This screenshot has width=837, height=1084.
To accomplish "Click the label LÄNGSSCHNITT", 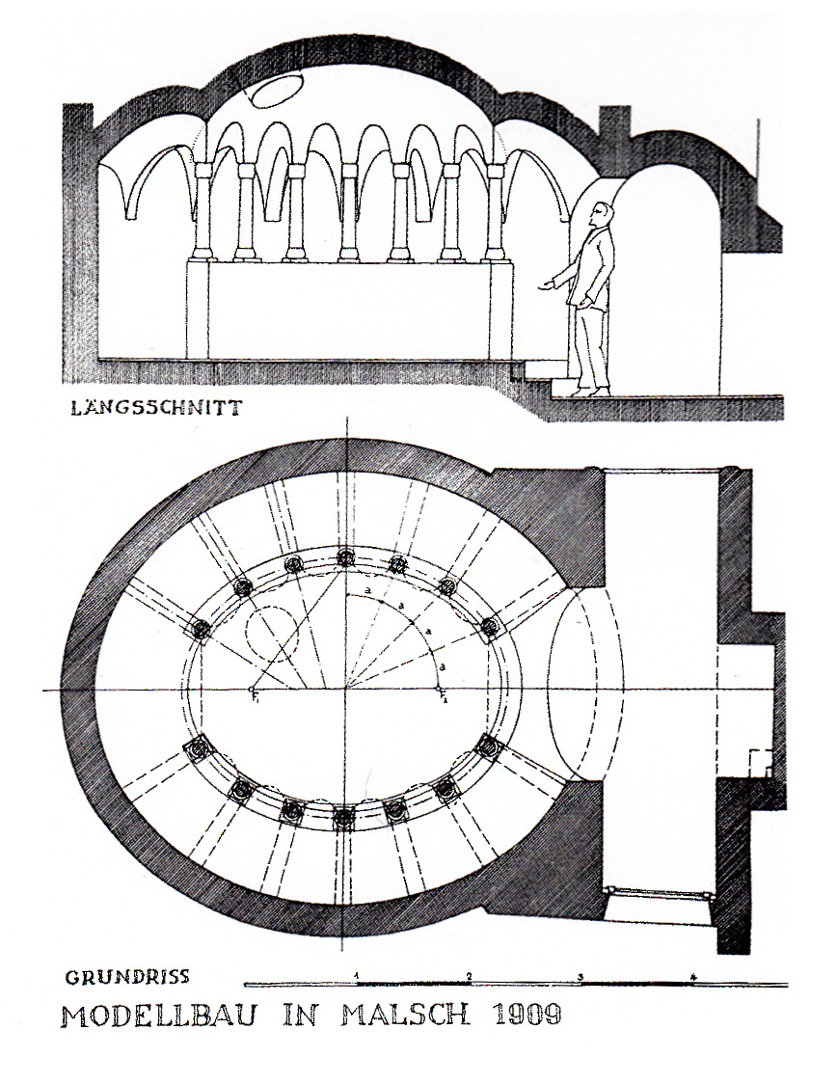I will (x=155, y=407).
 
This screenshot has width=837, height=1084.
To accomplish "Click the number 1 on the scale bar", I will (x=357, y=976).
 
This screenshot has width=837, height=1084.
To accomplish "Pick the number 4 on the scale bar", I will (x=693, y=976).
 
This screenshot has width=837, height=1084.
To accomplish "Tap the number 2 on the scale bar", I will (x=469, y=976).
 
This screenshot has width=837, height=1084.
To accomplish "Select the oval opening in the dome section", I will (x=273, y=91).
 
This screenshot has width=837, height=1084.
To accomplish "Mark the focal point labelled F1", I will (x=253, y=691).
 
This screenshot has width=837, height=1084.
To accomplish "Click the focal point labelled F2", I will (x=440, y=691).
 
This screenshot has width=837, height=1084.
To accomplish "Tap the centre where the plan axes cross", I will (x=346, y=691).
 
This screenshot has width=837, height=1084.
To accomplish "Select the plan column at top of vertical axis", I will (x=346, y=556).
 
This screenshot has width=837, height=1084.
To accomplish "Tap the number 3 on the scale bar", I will (x=580, y=976).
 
